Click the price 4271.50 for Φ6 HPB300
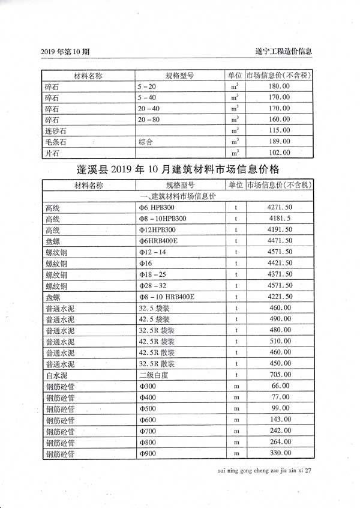pos(280,208)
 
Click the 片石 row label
pos(53,153)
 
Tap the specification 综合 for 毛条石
pos(146,142)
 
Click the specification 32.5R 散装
pos(157,364)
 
